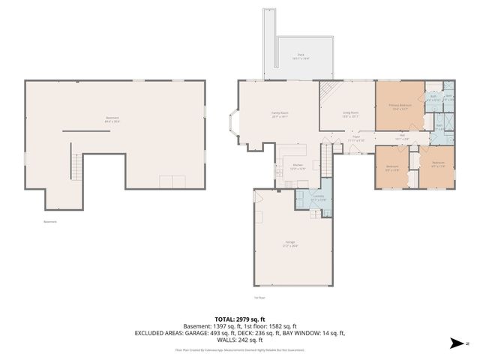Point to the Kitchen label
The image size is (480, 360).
point(298,166)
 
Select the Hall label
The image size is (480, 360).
point(402,136)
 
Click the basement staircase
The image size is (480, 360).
point(75,166)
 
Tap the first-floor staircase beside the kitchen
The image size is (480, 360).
point(325,160)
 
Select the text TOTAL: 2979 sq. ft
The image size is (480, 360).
point(239,319)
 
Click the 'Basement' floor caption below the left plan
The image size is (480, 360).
point(49,221)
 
